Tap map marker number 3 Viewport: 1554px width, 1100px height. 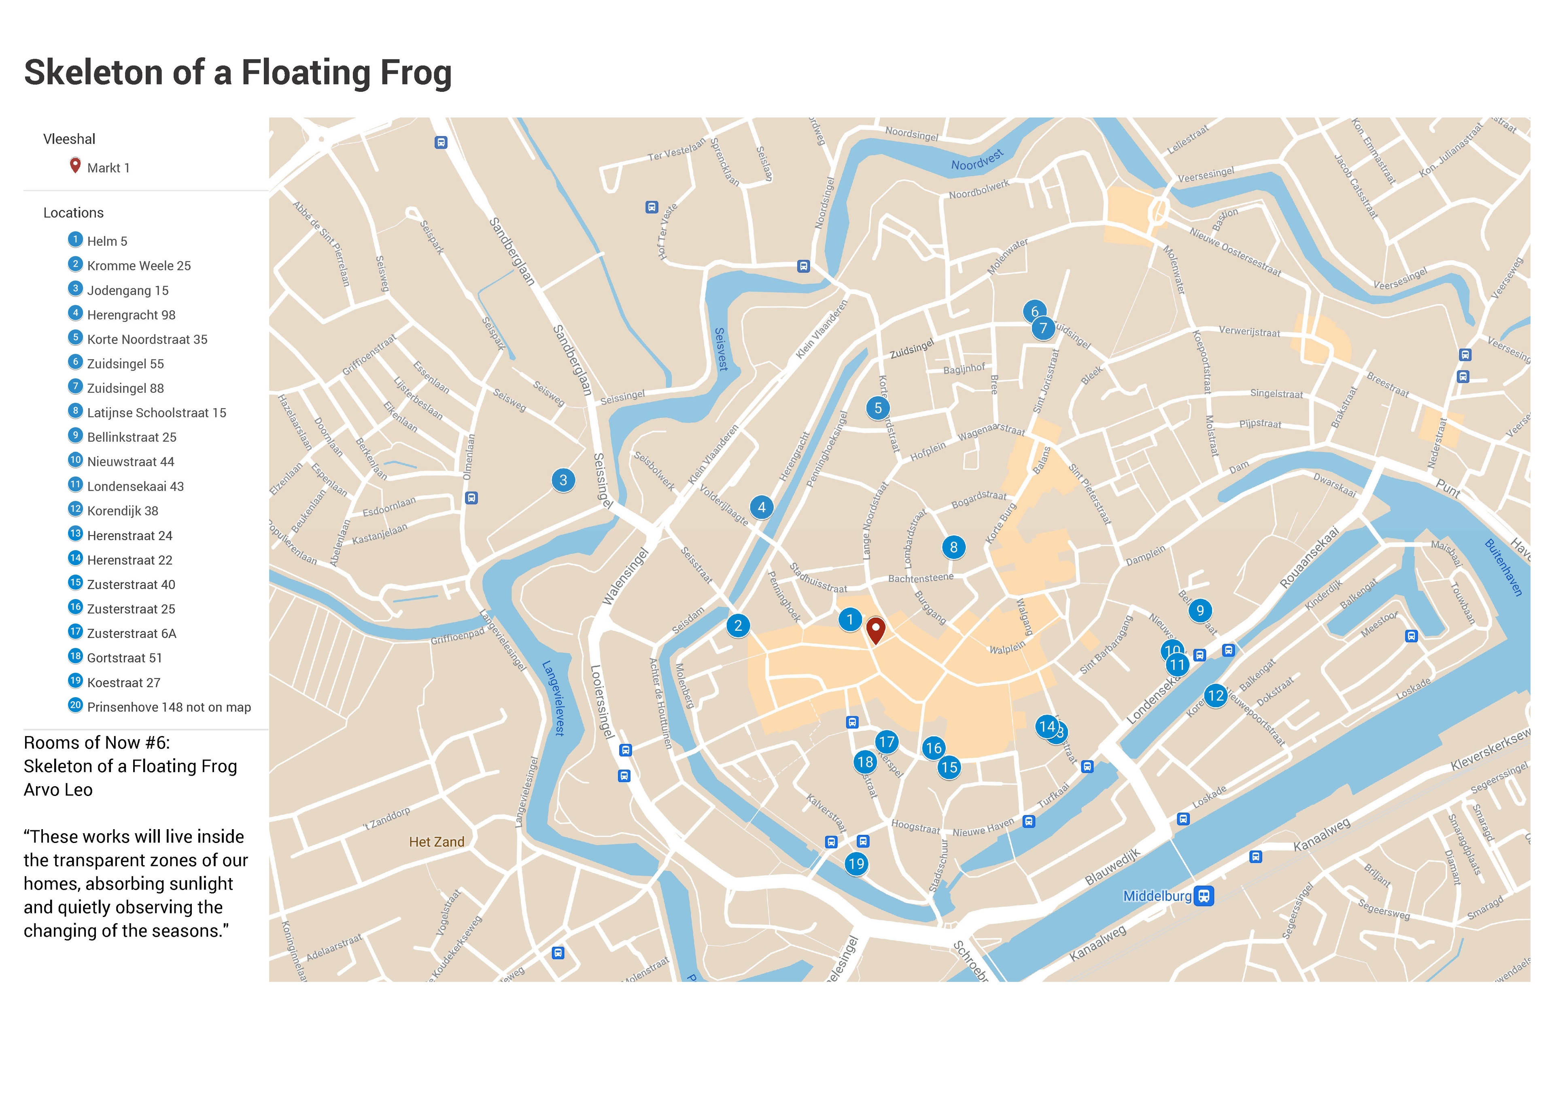(x=563, y=480)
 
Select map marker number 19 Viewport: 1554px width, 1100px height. (x=856, y=864)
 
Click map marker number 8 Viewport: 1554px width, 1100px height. (x=953, y=547)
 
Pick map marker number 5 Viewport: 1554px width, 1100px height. (x=877, y=408)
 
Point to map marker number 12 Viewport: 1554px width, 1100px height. (x=1215, y=695)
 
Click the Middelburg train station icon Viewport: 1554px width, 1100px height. (x=1203, y=896)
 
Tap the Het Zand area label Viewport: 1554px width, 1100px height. (x=436, y=842)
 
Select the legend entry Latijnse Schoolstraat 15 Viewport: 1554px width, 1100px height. (x=157, y=413)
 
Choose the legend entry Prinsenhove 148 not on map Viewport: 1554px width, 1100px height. (x=169, y=707)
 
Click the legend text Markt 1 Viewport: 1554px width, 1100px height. (x=108, y=168)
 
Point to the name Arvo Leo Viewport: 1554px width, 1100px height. (x=58, y=790)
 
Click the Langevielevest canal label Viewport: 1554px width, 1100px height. (x=553, y=698)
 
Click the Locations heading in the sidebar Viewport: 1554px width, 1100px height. (x=73, y=213)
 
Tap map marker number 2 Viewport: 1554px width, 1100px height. (x=738, y=625)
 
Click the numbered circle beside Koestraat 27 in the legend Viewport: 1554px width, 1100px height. (x=75, y=681)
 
